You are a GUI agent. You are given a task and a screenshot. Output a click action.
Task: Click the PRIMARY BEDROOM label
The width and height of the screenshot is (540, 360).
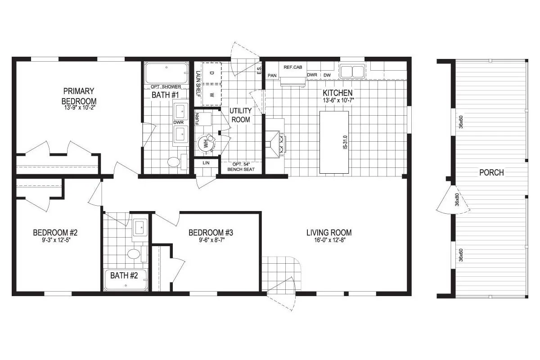79,96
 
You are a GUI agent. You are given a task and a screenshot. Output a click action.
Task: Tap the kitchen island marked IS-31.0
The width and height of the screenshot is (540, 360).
334,142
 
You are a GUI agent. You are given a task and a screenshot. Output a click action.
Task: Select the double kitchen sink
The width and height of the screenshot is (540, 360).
352,72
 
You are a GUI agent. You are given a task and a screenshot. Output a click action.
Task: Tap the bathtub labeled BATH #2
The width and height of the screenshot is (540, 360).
126,280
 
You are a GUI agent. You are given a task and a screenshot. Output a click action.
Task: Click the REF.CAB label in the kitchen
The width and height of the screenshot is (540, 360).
292,67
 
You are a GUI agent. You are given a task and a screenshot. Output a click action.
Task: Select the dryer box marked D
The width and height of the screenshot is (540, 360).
211,73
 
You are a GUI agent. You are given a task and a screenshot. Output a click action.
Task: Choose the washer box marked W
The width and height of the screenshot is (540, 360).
211,95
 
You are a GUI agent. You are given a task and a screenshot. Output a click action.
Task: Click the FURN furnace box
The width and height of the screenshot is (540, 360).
203,119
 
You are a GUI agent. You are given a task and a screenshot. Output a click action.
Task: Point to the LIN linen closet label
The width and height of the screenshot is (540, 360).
206,163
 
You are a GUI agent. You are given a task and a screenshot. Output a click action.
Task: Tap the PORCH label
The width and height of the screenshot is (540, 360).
491,172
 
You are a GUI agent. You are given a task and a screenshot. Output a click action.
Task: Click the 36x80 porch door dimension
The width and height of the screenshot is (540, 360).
457,199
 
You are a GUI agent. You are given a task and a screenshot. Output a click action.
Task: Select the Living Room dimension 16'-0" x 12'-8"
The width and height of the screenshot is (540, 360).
330,240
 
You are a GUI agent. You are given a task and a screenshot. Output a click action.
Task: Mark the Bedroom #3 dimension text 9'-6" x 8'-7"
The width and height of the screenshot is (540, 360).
211,240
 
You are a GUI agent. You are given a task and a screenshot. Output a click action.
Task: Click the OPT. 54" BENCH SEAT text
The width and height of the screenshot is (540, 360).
241,167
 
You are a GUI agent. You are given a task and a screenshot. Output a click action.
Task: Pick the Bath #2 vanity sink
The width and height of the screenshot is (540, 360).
140,227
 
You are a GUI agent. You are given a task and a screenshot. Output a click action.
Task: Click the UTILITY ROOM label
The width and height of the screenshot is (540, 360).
241,115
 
